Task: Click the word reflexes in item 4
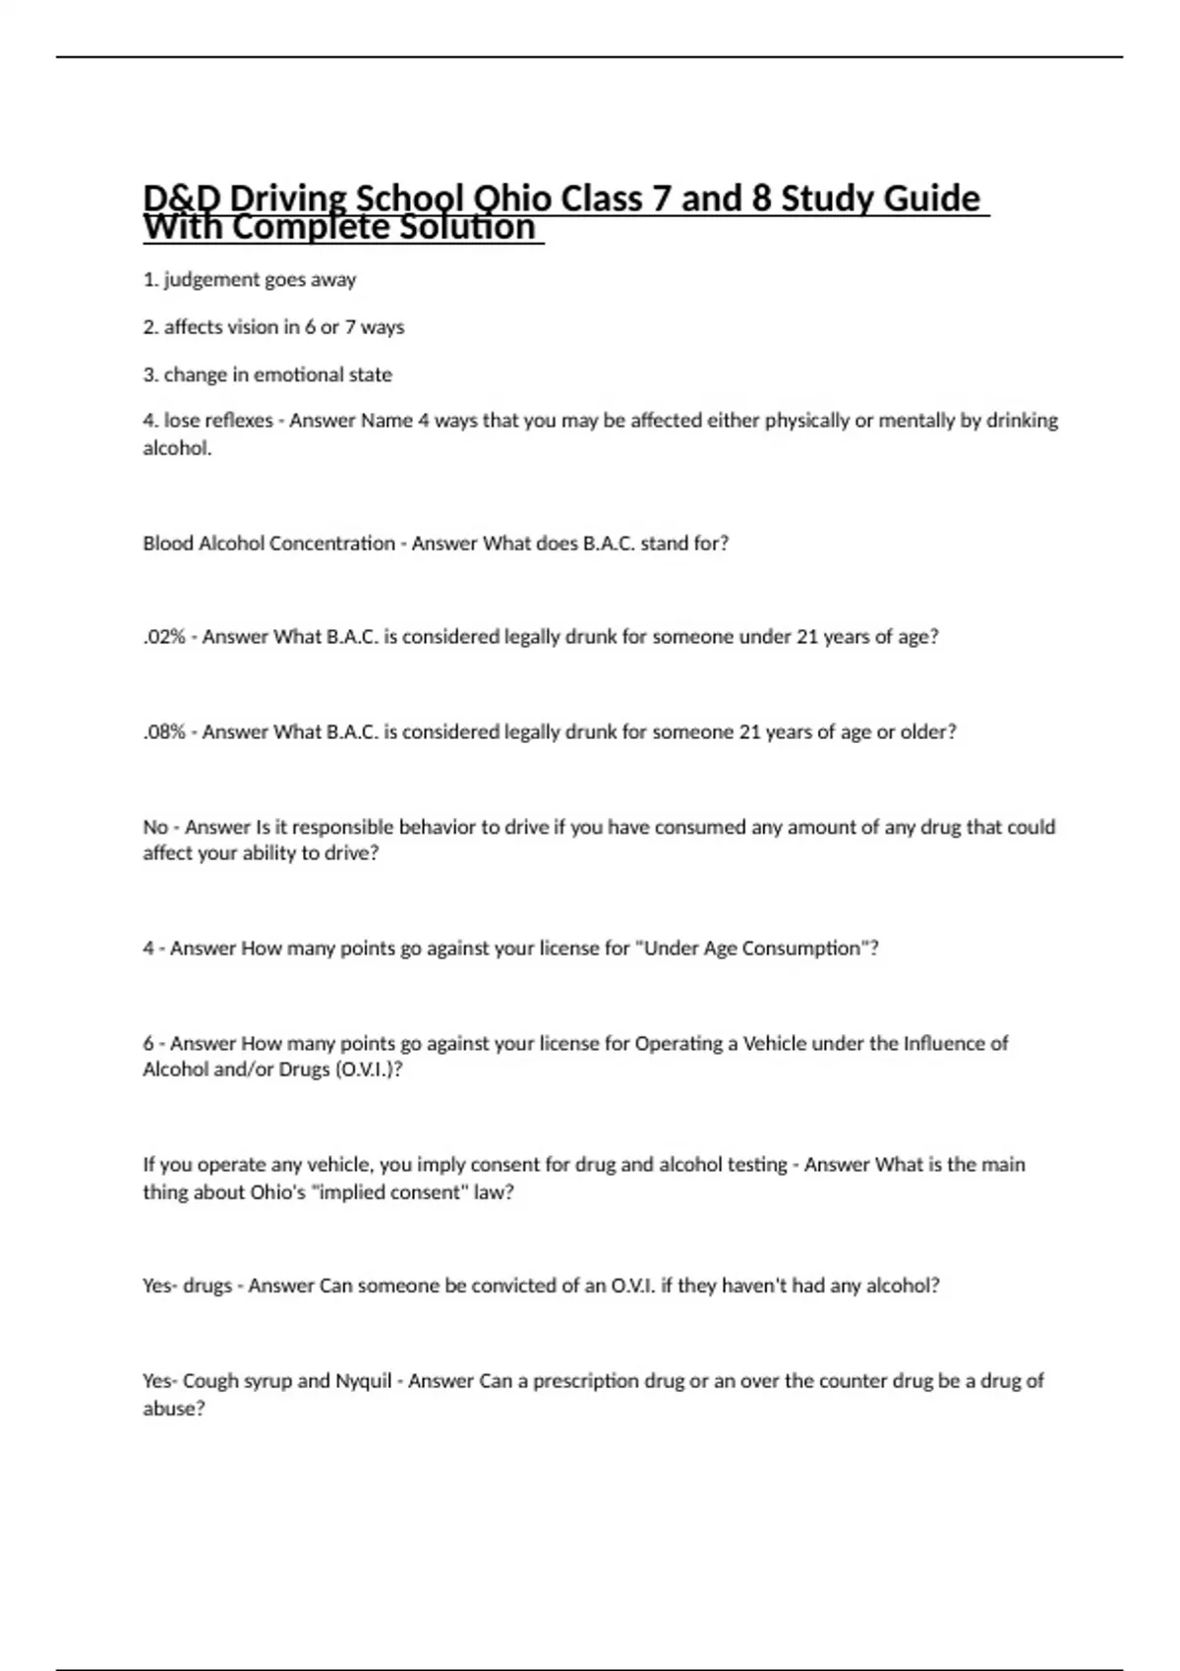pyautogui.click(x=238, y=421)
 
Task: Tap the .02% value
pyautogui.click(x=164, y=637)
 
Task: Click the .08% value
pyautogui.click(x=164, y=732)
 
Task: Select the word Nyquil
pyautogui.click(x=364, y=1381)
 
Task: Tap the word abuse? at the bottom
pyautogui.click(x=174, y=1409)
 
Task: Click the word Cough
pyautogui.click(x=210, y=1381)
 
